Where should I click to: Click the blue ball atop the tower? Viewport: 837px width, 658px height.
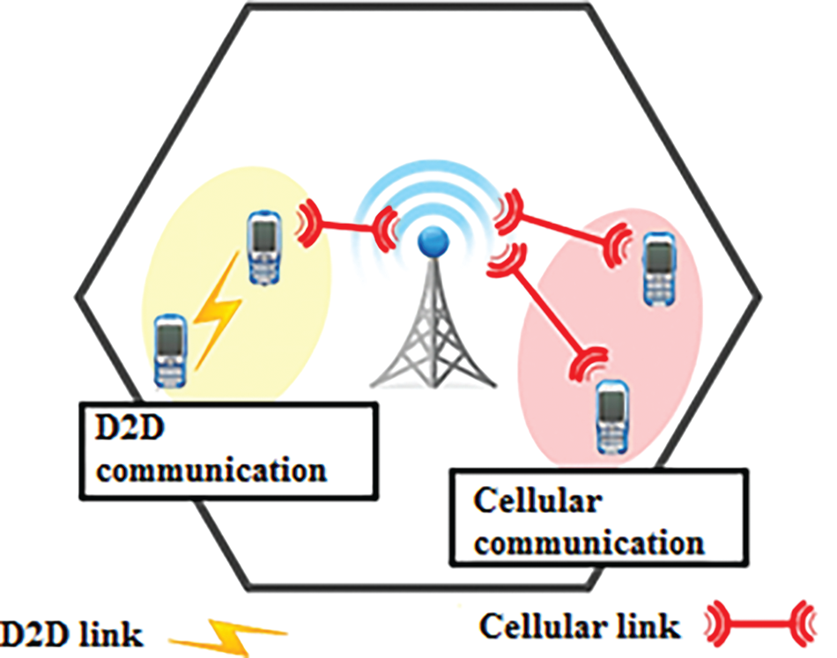(x=432, y=239)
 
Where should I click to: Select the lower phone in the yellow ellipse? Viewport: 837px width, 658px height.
(x=171, y=350)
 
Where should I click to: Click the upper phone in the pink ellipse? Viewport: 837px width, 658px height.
(x=657, y=266)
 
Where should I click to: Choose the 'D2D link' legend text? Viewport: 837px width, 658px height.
(x=70, y=632)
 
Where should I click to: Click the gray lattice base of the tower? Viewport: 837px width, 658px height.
(x=430, y=335)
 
